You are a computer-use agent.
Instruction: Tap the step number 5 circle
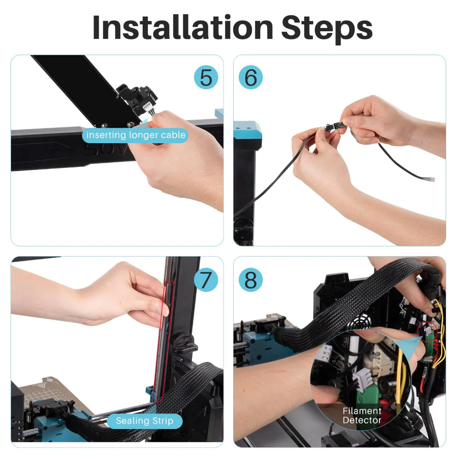click(206, 77)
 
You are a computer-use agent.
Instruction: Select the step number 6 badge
click(251, 77)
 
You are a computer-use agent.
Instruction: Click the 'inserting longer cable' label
click(136, 135)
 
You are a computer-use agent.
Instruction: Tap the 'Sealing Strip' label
click(145, 420)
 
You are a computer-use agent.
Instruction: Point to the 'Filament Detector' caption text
click(362, 415)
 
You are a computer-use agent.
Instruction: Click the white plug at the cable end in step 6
click(431, 180)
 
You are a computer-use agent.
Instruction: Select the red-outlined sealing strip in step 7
click(163, 340)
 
